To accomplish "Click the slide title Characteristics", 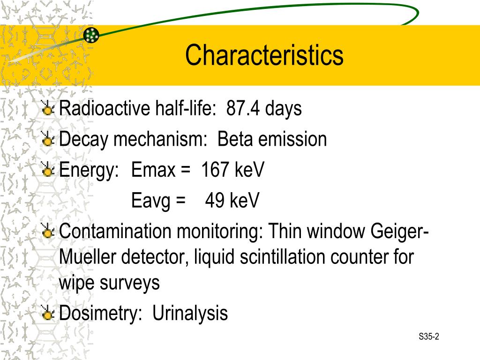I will (264, 55).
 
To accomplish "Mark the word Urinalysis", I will (190, 313).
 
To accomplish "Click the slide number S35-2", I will (429, 337).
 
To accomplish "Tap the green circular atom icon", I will (91, 35).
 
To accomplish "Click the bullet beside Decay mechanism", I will (47, 140).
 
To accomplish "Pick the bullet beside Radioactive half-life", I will (47, 109).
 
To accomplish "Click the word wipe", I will (76, 283).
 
